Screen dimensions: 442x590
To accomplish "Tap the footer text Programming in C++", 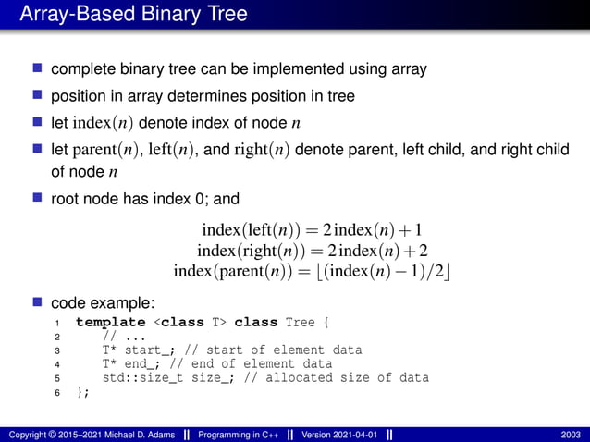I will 239,434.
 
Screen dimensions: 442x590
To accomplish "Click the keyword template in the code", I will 110,323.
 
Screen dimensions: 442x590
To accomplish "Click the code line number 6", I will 57,392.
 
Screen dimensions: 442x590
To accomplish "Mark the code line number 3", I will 57,350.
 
